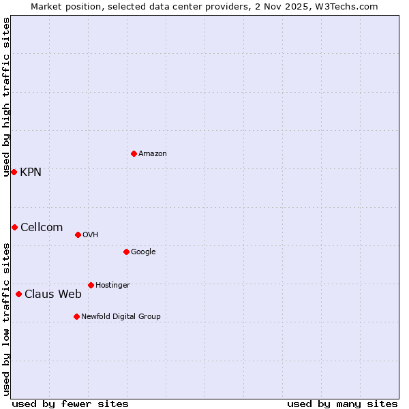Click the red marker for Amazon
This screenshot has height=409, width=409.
(x=134, y=153)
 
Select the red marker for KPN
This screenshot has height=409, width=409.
(x=14, y=172)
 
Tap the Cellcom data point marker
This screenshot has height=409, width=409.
(x=14, y=227)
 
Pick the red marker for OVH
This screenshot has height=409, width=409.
(x=78, y=234)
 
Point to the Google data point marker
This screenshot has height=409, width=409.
(x=126, y=252)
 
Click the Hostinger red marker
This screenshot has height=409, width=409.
(x=91, y=285)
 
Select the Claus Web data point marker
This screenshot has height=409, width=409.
(x=18, y=294)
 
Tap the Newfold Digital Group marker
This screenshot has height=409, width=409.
(x=76, y=316)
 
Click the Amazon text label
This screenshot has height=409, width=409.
(x=153, y=154)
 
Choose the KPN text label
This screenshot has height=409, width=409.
(x=31, y=172)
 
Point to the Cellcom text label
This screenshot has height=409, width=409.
(x=42, y=228)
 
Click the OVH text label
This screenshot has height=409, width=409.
(x=91, y=235)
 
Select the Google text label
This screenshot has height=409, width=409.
(x=143, y=252)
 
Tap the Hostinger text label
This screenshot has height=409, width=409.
(x=112, y=286)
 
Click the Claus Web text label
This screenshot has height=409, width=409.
(x=53, y=294)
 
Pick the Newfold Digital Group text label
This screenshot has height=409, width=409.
(x=121, y=317)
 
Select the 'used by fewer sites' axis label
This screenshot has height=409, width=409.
(x=70, y=404)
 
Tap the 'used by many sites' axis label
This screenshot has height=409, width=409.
(x=342, y=404)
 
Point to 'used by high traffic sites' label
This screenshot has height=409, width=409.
(x=6, y=97)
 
